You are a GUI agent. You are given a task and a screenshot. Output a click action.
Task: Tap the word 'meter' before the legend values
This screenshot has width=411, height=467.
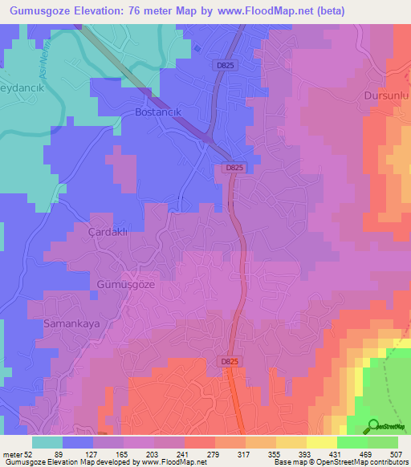(13, 454)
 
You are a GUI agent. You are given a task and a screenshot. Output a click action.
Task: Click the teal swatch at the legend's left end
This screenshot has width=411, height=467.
(47, 442)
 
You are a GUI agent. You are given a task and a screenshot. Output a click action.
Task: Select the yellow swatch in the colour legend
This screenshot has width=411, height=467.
(321, 442)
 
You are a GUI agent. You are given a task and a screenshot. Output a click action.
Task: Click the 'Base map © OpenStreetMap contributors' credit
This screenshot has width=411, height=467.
(339, 463)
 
